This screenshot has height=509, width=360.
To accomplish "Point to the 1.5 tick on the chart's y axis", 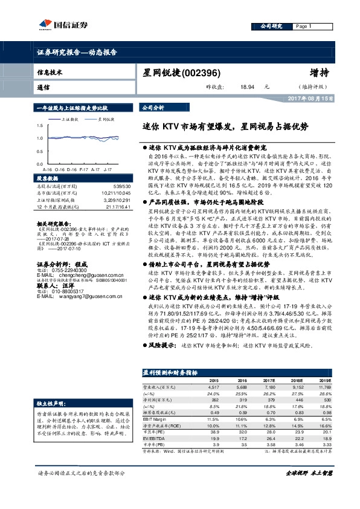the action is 39,126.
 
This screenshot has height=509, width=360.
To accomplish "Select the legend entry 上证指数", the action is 70,120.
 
